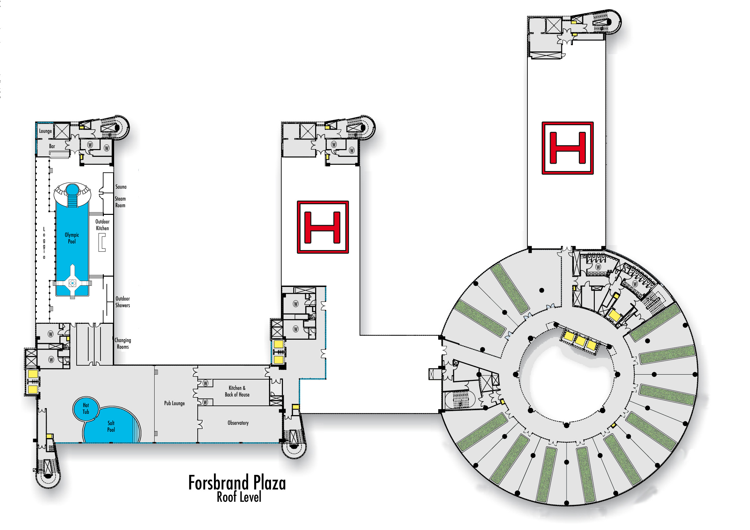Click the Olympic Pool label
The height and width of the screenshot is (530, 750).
pyautogui.click(x=72, y=238)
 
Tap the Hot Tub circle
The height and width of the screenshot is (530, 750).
pyautogui.click(x=86, y=408)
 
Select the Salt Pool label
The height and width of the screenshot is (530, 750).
pyautogui.click(x=111, y=426)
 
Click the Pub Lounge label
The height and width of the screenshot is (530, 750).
pyautogui.click(x=174, y=403)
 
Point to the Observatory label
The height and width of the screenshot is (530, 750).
pyautogui.click(x=238, y=423)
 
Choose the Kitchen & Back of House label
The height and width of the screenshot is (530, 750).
pyautogui.click(x=237, y=391)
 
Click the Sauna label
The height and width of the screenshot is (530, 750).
pyautogui.click(x=121, y=187)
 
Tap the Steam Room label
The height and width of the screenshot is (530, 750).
pyautogui.click(x=120, y=202)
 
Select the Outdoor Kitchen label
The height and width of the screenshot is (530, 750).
pyautogui.click(x=102, y=225)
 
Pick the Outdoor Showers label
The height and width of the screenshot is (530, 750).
pyautogui.click(x=122, y=302)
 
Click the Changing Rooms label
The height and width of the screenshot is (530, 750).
pyautogui.click(x=123, y=343)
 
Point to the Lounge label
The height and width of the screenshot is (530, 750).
pyautogui.click(x=45, y=131)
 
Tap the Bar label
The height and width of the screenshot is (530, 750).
pyautogui.click(x=52, y=146)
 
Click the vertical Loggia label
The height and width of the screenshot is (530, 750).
pyautogui.click(x=44, y=243)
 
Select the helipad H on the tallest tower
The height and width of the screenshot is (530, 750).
pyautogui.click(x=568, y=148)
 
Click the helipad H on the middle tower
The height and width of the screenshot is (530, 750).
pyautogui.click(x=323, y=227)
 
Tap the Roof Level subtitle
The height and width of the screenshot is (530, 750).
pyautogui.click(x=239, y=497)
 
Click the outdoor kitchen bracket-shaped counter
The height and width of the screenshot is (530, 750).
pyautogui.click(x=102, y=242)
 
